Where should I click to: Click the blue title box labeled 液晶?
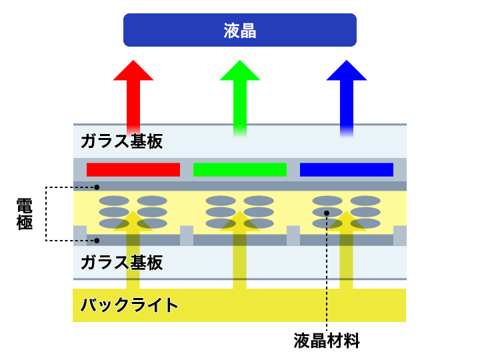pos(240,30)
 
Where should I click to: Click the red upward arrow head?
pos(133,71)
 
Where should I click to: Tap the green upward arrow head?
pos(240,71)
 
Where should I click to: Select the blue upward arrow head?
pos(346,71)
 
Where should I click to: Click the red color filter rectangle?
pos(133,169)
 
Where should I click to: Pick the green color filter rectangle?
pos(240,169)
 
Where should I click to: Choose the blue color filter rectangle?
pos(346,169)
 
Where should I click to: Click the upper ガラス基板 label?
pos(121,141)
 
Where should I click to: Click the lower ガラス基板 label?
pos(121,263)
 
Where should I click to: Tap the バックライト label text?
pos(129,305)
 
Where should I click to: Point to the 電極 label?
pos(25,214)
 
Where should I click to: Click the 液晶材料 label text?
pos(327,341)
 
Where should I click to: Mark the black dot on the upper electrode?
pos(97,187)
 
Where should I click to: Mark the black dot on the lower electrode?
pos(97,240)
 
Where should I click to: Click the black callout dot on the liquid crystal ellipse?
pos(327,213)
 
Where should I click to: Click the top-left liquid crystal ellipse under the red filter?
pos(114,201)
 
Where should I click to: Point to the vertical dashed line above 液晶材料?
pos(327,280)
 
